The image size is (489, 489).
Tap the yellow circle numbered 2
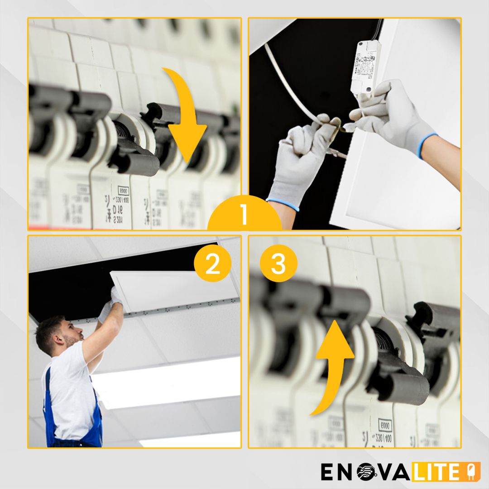[212, 265]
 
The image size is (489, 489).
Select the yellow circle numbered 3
[278, 265]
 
